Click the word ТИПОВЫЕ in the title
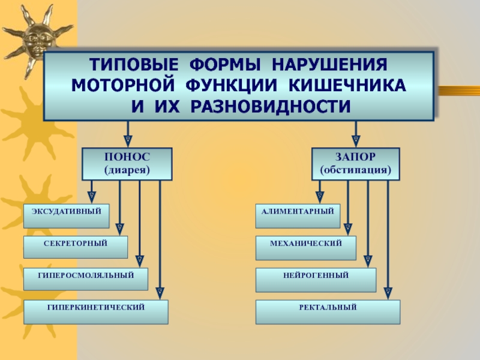tap(134, 65)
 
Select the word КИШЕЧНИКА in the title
tap(347, 85)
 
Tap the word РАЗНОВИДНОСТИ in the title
tap(271, 107)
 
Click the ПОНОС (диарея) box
tap(127, 164)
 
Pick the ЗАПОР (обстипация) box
tap(356, 164)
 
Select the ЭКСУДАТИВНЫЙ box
tap(67, 216)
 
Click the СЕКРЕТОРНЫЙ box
tap(76, 247)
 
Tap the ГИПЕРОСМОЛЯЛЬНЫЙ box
tap(86, 279)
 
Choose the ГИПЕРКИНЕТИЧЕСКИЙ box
tap(96, 312)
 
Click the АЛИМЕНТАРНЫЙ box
tap(298, 216)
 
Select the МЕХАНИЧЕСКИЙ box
tap(306, 248)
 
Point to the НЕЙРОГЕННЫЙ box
tap(316, 280)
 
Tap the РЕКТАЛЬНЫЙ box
tap(328, 312)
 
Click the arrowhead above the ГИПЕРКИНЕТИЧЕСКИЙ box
tap(160, 293)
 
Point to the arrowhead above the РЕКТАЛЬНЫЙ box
tap(388, 293)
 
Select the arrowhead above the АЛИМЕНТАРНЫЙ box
tap(320, 197)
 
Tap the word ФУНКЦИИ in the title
tap(231, 85)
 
